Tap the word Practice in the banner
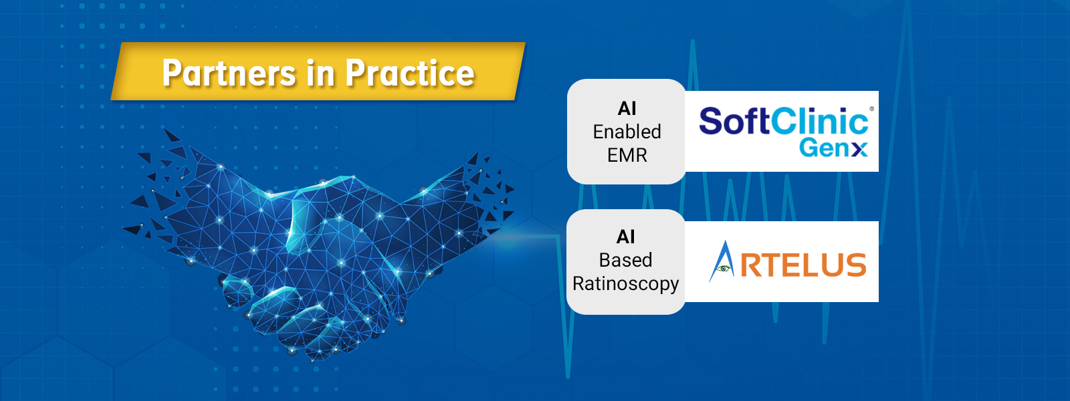click(410, 73)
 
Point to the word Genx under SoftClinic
click(833, 148)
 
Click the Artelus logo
click(787, 261)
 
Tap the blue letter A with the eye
click(722, 261)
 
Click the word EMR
click(627, 155)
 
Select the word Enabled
click(627, 132)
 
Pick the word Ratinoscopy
click(625, 284)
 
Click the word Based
click(625, 260)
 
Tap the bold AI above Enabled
click(627, 109)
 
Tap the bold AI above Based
click(625, 237)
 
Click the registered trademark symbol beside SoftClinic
click(872, 109)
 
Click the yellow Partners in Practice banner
click(318, 71)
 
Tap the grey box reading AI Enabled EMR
click(626, 131)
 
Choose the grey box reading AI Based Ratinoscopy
click(626, 261)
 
